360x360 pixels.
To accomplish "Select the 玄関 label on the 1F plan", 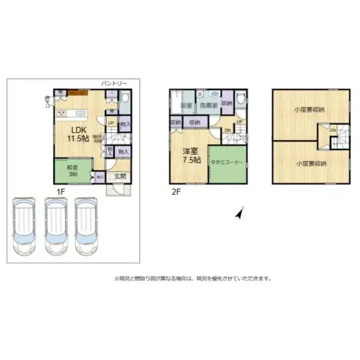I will [119, 176].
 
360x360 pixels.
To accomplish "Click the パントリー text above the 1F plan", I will [114, 84].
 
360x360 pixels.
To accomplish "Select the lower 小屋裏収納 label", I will [310, 163].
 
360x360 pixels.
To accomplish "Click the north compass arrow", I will [239, 212].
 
